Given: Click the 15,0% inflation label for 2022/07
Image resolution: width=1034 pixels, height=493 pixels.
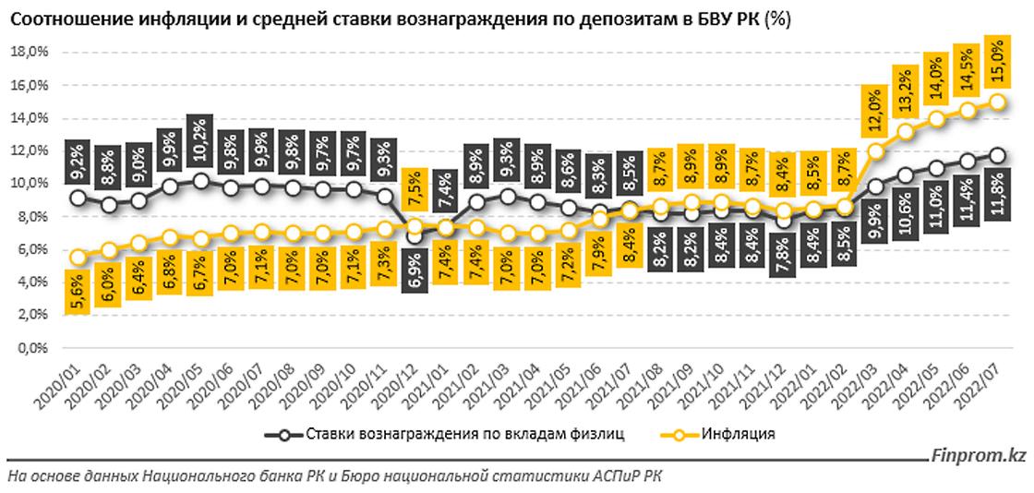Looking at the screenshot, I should [x=997, y=63].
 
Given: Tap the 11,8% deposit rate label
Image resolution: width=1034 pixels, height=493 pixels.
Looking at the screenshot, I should [x=998, y=197].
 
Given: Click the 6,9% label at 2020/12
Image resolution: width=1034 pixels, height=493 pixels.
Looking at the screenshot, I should [x=415, y=263].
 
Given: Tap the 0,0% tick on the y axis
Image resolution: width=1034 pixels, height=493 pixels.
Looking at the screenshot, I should [x=30, y=349].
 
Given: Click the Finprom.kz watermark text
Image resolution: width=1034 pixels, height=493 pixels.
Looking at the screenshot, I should [x=980, y=454].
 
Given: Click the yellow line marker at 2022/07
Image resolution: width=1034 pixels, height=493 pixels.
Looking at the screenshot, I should [x=997, y=102].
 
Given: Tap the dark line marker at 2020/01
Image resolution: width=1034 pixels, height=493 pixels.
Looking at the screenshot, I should [x=78, y=198].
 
